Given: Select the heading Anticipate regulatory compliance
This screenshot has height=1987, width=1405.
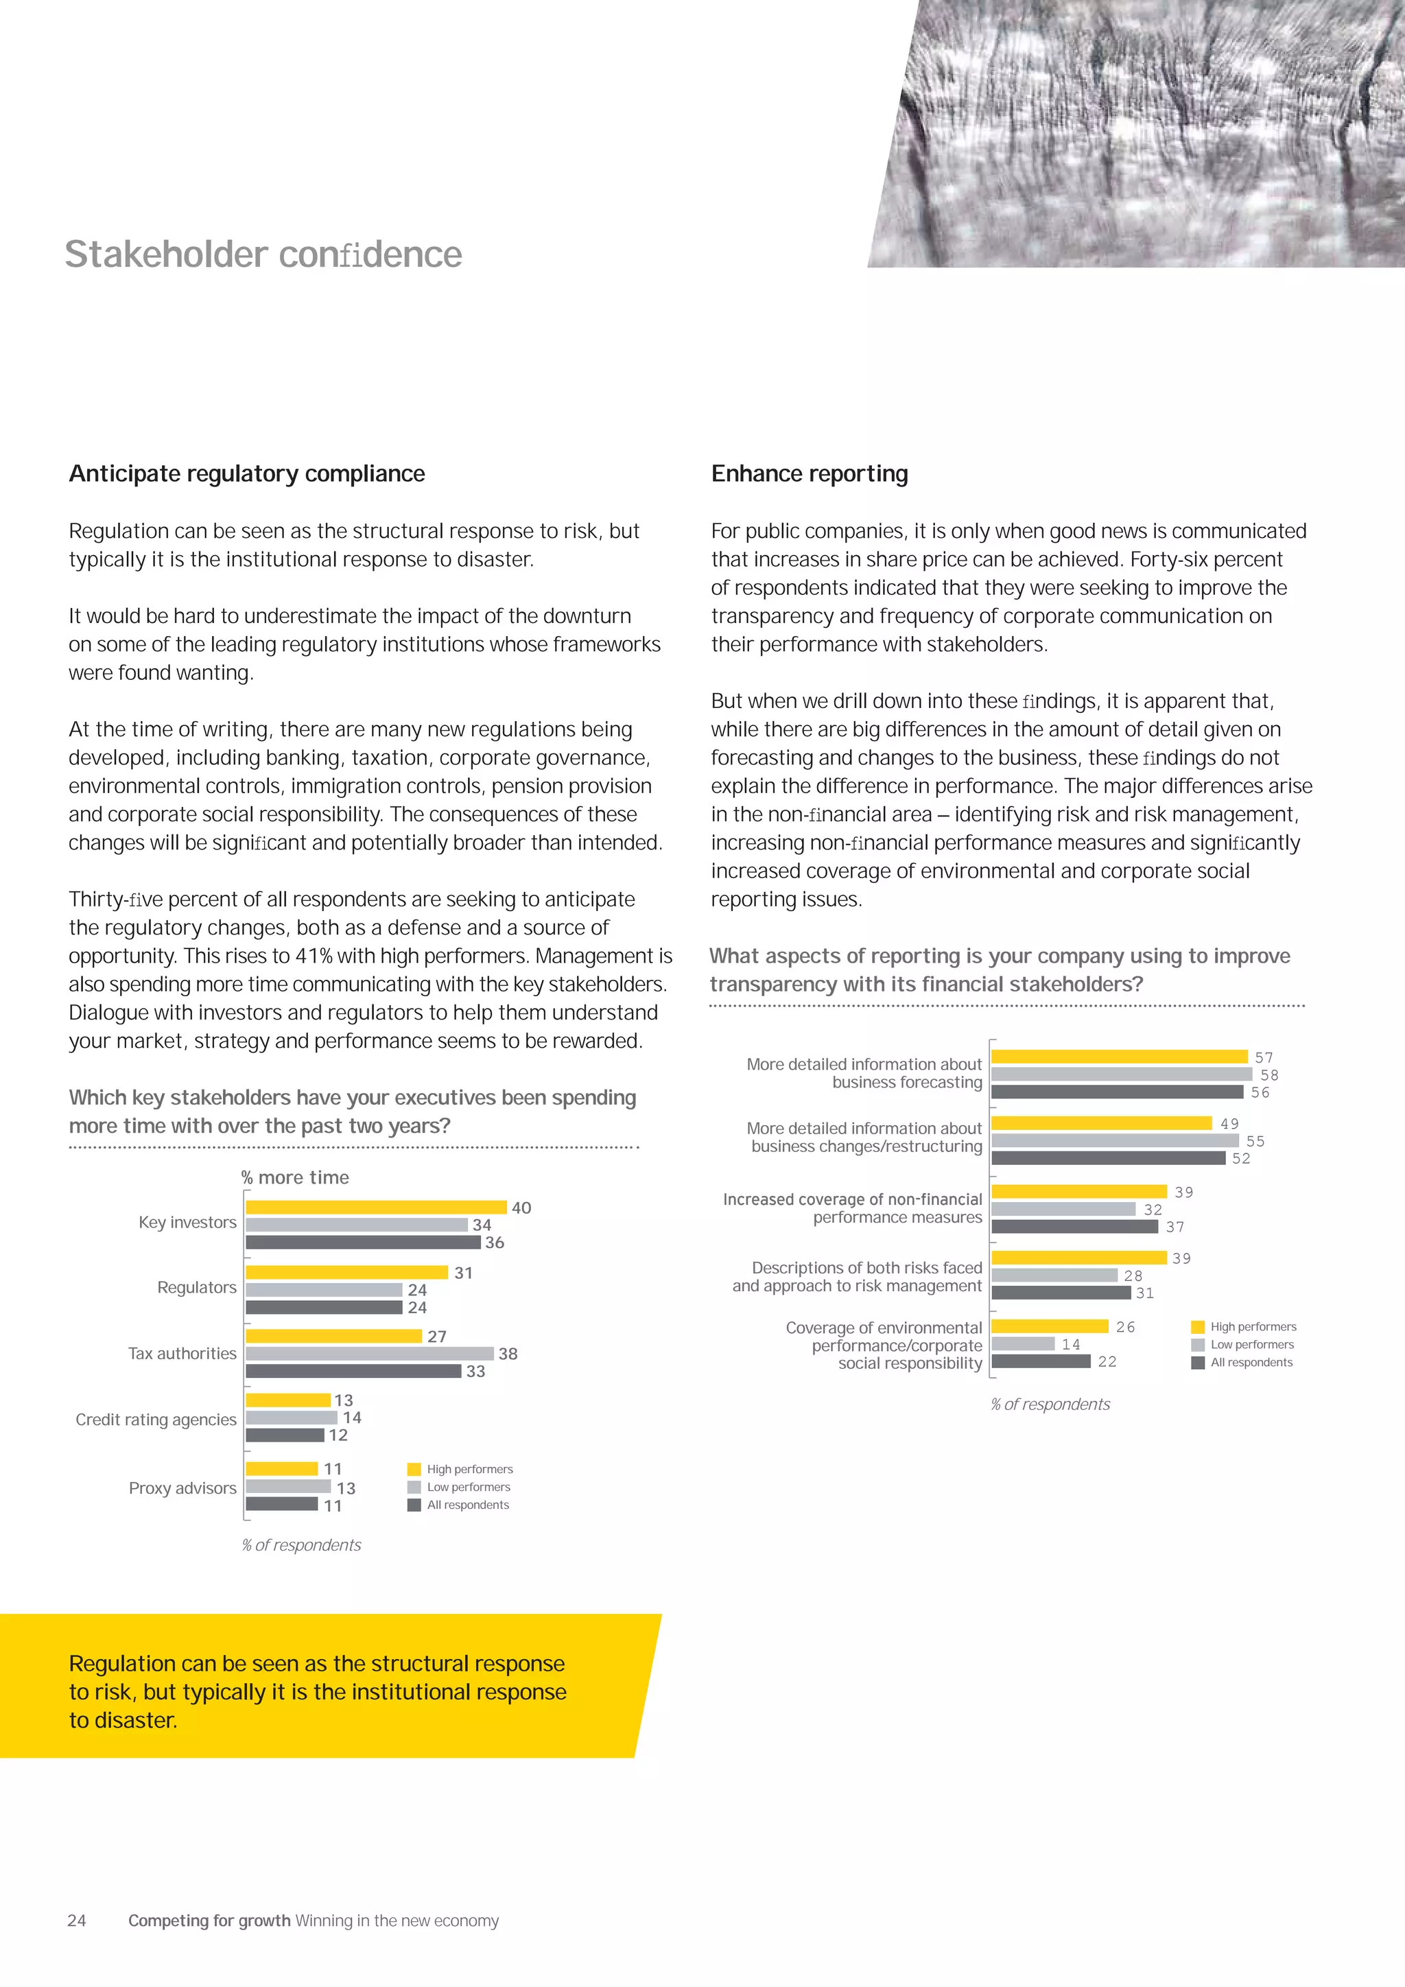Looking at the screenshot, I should [x=246, y=473].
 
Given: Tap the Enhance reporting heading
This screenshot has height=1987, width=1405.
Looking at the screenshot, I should [x=809, y=473].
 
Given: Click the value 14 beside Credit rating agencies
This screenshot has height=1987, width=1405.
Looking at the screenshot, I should [x=352, y=1418].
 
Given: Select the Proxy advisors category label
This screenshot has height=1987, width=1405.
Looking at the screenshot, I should [x=182, y=1488].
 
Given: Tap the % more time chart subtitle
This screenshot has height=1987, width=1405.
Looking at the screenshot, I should [x=295, y=1177].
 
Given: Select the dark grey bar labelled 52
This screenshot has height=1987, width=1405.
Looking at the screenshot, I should [x=1108, y=1158].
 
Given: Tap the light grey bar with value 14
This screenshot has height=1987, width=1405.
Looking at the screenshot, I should [x=1023, y=1344].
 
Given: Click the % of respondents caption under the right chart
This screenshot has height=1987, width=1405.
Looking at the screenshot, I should [x=1050, y=1404].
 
